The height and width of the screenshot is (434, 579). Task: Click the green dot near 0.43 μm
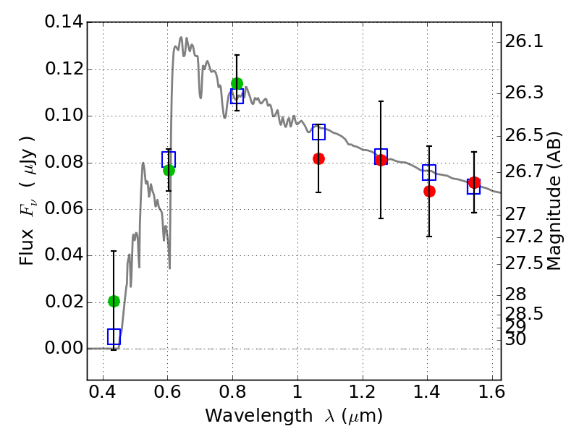pyautogui.click(x=114, y=302)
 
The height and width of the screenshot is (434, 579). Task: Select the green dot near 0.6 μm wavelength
pyautogui.click(x=169, y=170)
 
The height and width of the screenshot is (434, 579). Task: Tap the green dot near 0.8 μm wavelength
pyautogui.click(x=237, y=83)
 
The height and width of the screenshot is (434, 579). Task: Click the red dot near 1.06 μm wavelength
pyautogui.click(x=318, y=158)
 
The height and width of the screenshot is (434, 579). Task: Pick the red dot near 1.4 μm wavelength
pyautogui.click(x=429, y=191)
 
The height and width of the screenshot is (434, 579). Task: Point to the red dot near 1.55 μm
pyautogui.click(x=474, y=182)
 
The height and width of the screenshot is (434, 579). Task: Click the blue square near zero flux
pyautogui.click(x=114, y=336)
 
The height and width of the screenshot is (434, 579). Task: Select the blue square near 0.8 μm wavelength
pyautogui.click(x=237, y=96)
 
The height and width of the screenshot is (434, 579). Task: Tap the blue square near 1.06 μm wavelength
pyautogui.click(x=318, y=132)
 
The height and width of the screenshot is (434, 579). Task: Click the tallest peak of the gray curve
pyautogui.click(x=181, y=38)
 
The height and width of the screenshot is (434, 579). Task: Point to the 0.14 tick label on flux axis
pyautogui.click(x=64, y=22)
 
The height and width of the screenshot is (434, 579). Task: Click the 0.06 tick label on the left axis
pyautogui.click(x=64, y=208)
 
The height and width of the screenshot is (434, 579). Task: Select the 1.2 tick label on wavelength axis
pyautogui.click(x=363, y=392)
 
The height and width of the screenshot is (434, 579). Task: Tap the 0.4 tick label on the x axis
pyautogui.click(x=103, y=392)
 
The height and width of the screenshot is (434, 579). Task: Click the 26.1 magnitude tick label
pyautogui.click(x=524, y=41)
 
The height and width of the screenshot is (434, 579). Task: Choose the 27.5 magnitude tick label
pyautogui.click(x=524, y=263)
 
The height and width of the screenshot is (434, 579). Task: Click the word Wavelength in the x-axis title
pyautogui.click(x=259, y=416)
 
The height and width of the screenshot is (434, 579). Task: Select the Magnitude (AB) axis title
pyautogui.click(x=553, y=201)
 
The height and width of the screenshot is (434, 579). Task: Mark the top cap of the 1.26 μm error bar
pyautogui.click(x=381, y=101)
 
